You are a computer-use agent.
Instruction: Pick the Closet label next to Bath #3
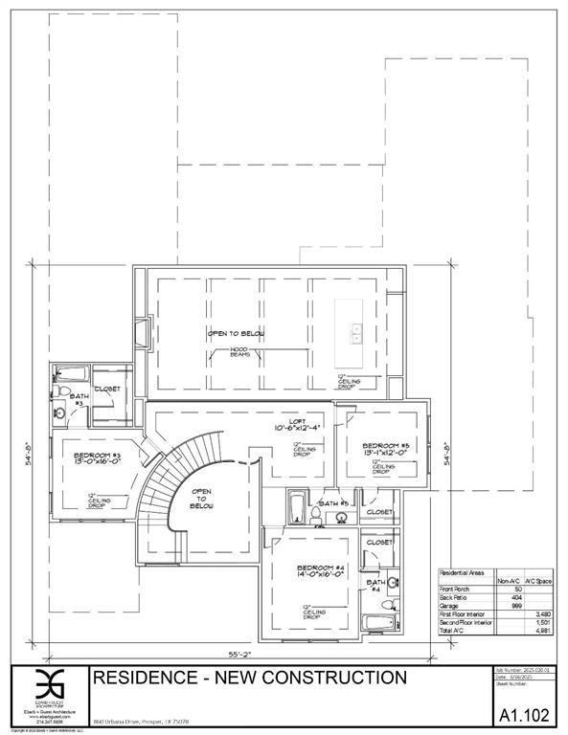point(108,389)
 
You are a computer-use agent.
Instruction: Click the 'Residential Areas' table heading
point(462,570)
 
